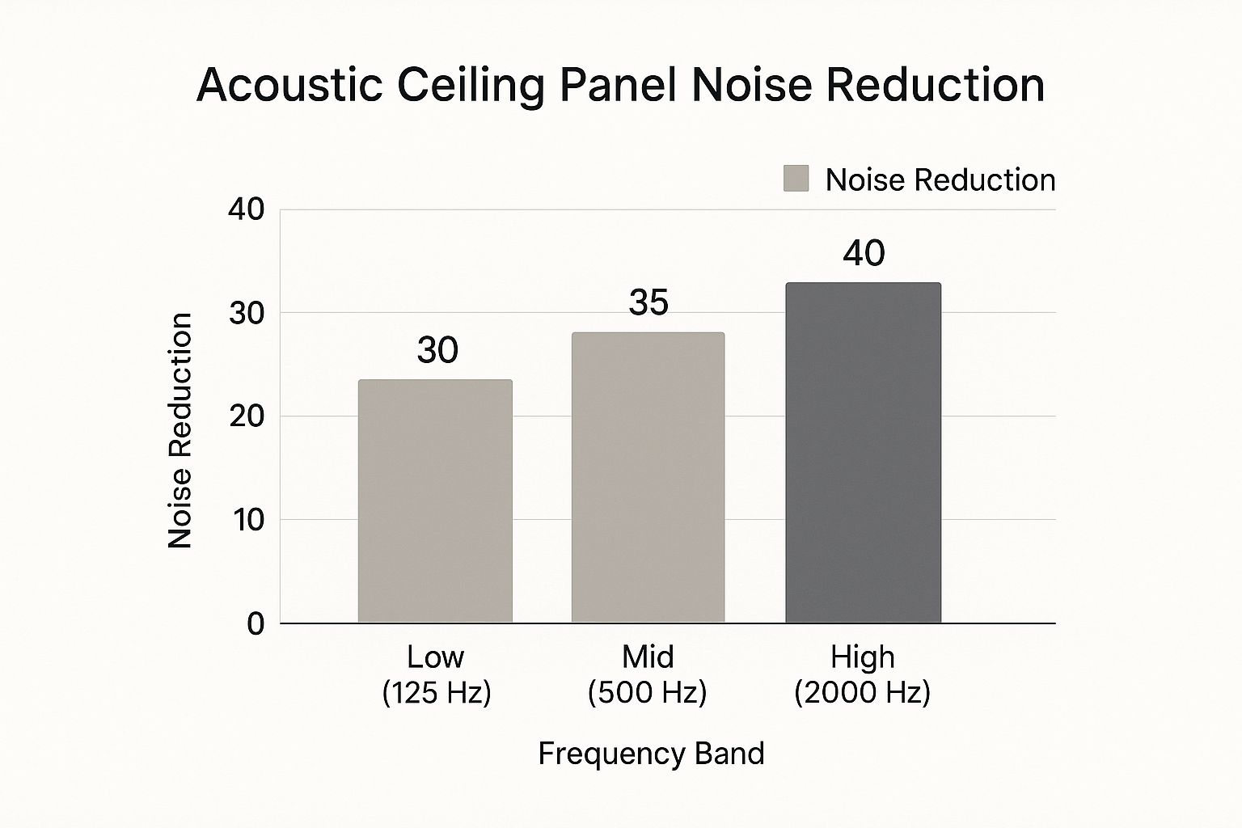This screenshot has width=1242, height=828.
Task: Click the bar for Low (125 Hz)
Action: (435, 501)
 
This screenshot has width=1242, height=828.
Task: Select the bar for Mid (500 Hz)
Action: (648, 477)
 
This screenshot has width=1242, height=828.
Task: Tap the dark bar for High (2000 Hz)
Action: (863, 453)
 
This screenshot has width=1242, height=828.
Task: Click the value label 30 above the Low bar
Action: (437, 350)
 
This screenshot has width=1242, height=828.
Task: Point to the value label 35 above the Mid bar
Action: (648, 302)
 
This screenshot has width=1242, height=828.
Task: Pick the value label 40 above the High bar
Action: (864, 253)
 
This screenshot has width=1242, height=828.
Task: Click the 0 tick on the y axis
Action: (256, 623)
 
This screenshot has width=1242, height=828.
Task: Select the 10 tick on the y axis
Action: (248, 520)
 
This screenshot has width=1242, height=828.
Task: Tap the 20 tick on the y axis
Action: (247, 416)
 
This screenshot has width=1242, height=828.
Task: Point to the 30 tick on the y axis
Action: (247, 313)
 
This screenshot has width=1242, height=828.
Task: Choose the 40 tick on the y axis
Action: (247, 209)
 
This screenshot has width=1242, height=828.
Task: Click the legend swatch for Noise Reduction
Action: (796, 179)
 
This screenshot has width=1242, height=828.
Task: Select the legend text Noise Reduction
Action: (940, 180)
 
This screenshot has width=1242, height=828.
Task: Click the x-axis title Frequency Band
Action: (651, 754)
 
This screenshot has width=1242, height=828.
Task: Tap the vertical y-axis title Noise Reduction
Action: (180, 430)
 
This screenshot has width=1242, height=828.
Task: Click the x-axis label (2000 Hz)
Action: (863, 693)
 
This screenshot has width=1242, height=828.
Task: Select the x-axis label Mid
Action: (648, 657)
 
